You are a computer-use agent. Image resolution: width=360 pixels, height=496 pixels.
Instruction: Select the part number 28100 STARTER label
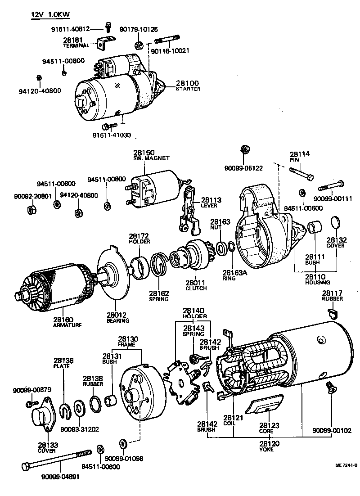(x=188, y=86)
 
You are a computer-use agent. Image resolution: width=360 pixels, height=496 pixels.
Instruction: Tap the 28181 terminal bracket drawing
(x=104, y=42)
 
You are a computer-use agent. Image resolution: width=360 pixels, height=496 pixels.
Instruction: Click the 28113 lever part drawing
(x=189, y=212)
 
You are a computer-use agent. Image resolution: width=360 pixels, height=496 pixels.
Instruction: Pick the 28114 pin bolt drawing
(x=301, y=174)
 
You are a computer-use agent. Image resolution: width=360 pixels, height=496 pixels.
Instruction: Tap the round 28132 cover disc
(x=336, y=223)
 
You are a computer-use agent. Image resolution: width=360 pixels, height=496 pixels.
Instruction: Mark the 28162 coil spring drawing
(x=159, y=266)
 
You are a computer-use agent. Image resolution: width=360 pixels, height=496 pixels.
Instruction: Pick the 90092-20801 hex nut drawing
(x=32, y=209)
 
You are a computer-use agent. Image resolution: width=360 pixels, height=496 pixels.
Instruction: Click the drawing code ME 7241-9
(x=346, y=465)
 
